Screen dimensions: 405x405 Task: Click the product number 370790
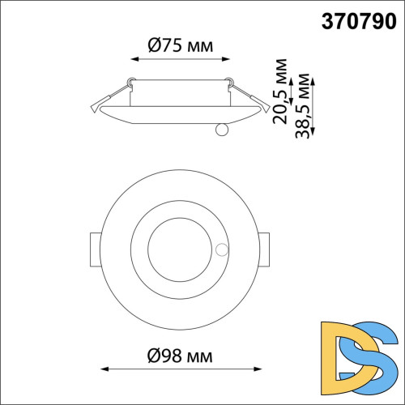coord(359,21)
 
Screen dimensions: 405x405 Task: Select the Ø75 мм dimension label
coord(181,45)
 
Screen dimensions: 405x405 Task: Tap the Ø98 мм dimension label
coord(180,356)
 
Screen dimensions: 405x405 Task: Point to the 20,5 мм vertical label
coord(279,92)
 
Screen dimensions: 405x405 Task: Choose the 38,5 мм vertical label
coord(302,106)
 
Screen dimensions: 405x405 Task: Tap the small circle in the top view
coord(222,249)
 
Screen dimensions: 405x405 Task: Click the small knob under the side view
coord(222,130)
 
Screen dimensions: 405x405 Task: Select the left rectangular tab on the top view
coord(95,249)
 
